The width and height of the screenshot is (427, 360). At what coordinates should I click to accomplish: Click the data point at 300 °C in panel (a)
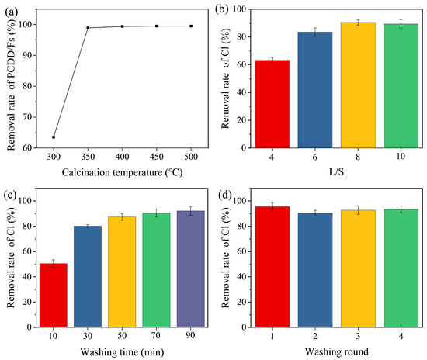click(x=54, y=137)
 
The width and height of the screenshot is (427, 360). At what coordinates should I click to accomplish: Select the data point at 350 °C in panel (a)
click(x=88, y=28)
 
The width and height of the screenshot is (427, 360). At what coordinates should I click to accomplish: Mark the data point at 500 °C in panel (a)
click(x=191, y=26)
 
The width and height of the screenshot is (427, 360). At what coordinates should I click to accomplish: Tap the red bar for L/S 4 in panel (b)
click(x=272, y=104)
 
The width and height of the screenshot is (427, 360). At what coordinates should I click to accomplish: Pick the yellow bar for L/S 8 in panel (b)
click(x=358, y=85)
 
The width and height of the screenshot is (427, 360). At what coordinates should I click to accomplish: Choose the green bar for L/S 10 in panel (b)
click(x=401, y=85)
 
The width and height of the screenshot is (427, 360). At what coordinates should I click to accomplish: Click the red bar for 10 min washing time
click(x=54, y=296)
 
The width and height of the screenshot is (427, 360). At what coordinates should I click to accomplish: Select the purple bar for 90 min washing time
click(x=191, y=269)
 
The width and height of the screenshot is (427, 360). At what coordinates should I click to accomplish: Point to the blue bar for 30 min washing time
click(x=88, y=276)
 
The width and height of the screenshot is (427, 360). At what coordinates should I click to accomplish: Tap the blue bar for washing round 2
click(x=315, y=270)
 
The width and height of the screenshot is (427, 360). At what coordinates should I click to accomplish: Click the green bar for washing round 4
click(x=401, y=268)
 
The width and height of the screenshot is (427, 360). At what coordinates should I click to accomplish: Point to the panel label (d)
click(x=225, y=195)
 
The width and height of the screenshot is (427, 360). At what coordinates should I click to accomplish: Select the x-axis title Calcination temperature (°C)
click(x=122, y=172)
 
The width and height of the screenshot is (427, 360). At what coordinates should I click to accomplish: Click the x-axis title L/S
click(x=337, y=171)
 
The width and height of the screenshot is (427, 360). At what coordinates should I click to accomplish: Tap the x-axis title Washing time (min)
click(x=122, y=352)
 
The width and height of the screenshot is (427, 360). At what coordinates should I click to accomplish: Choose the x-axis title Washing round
click(x=337, y=351)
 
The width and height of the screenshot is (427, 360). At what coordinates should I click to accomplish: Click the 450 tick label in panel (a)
click(x=157, y=157)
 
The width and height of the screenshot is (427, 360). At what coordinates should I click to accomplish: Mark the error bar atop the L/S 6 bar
click(x=315, y=32)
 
